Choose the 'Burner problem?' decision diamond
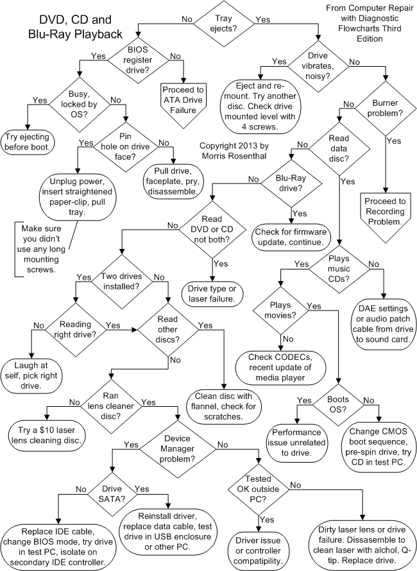[384, 108]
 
